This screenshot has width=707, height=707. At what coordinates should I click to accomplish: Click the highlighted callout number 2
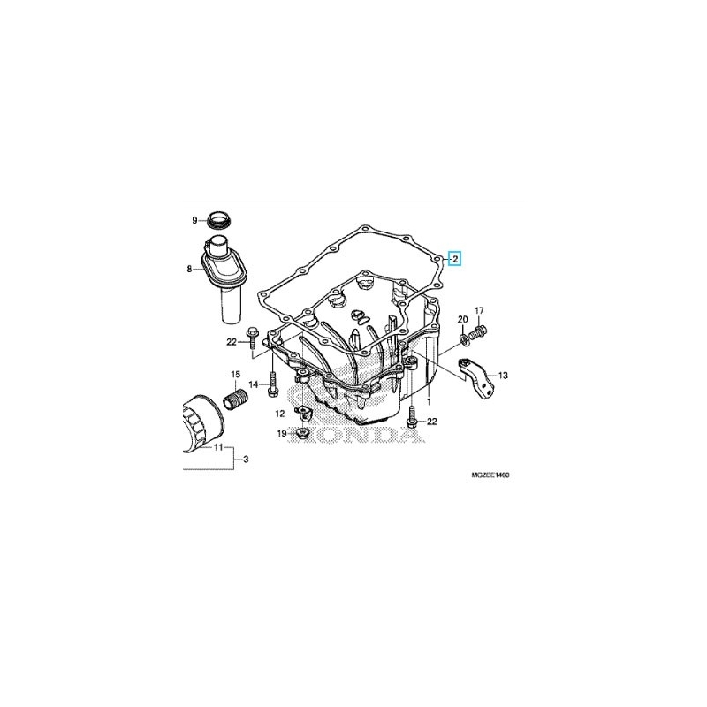[x=455, y=259]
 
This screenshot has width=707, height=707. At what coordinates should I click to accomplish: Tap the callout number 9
[x=194, y=220]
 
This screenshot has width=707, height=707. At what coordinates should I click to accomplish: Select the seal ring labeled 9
[x=219, y=220]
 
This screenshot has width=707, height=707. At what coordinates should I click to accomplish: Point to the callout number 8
[x=189, y=270]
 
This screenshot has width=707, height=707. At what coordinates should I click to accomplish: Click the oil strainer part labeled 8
[x=224, y=276]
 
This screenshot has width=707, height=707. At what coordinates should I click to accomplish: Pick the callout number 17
[x=479, y=311]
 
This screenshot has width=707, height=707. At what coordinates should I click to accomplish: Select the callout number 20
[x=462, y=320]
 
